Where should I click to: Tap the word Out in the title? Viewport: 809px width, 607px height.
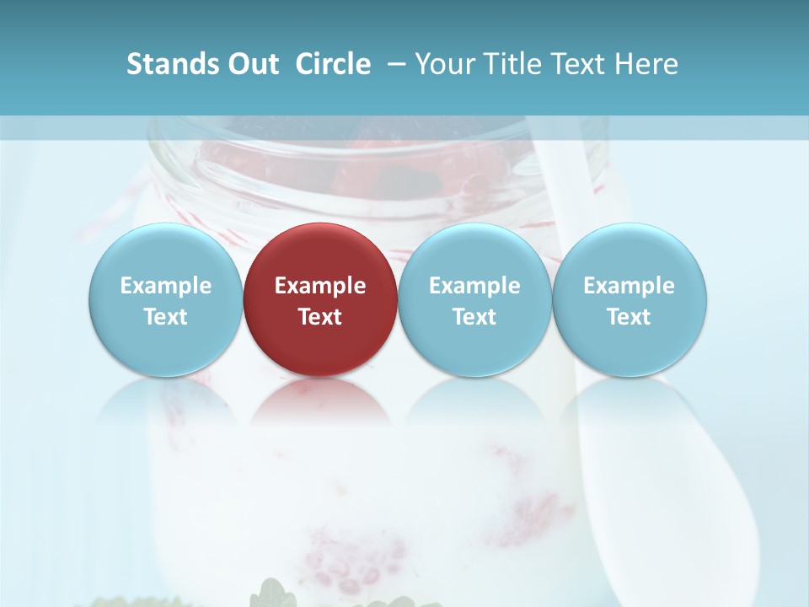coord(251,64)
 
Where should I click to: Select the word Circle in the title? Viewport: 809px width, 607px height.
coord(333,64)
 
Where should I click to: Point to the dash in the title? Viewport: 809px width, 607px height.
coord(396,64)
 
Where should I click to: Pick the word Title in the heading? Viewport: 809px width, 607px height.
coord(515,64)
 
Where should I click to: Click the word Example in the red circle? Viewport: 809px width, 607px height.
coord(320,286)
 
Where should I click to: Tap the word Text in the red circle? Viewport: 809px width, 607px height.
coord(320,317)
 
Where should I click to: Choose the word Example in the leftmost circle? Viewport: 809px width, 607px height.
coord(166,286)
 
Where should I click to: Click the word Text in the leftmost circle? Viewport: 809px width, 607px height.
coord(166,317)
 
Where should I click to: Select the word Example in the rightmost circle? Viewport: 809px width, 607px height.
coord(630,286)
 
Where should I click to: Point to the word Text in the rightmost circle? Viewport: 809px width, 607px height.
coord(630,317)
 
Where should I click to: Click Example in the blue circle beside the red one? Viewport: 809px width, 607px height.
coord(475,286)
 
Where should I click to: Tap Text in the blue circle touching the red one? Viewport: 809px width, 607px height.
coord(475,317)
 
